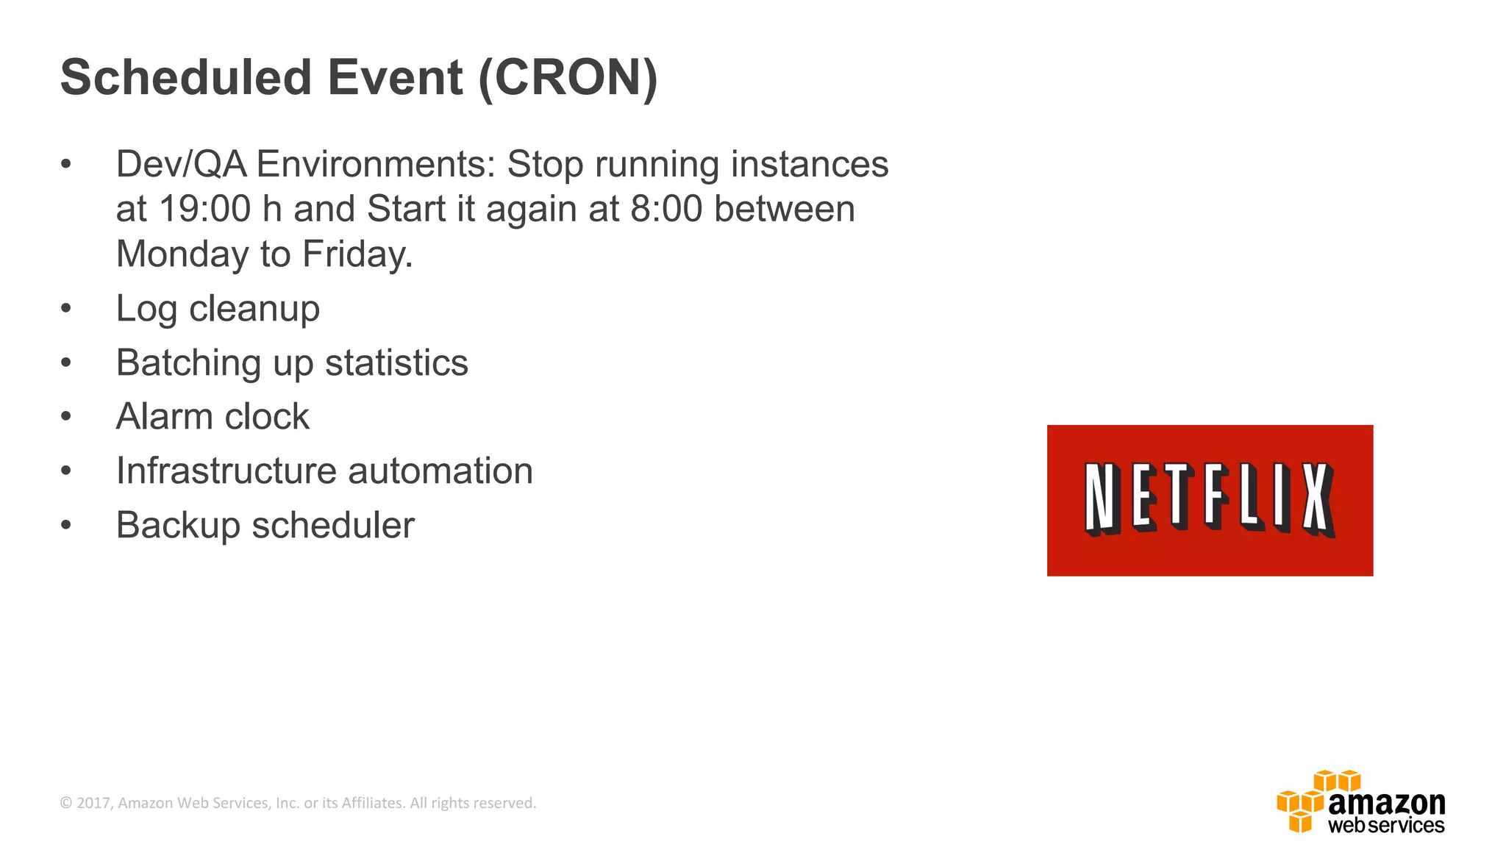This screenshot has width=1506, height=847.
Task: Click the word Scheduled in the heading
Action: pos(186,77)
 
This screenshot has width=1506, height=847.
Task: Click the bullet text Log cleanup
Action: pos(218,309)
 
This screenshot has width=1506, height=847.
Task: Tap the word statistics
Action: pos(396,363)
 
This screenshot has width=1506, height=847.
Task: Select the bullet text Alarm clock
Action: pos(213,417)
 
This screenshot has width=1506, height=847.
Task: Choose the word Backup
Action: pos(177,526)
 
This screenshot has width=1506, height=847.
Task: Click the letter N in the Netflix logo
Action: pos(1102,498)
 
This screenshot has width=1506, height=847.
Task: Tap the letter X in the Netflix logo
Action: pos(1318,499)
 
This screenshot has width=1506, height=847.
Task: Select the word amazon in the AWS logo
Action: pos(1386,802)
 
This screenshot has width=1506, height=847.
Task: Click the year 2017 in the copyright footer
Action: pos(93,803)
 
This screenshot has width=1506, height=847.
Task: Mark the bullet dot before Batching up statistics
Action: pos(66,363)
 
